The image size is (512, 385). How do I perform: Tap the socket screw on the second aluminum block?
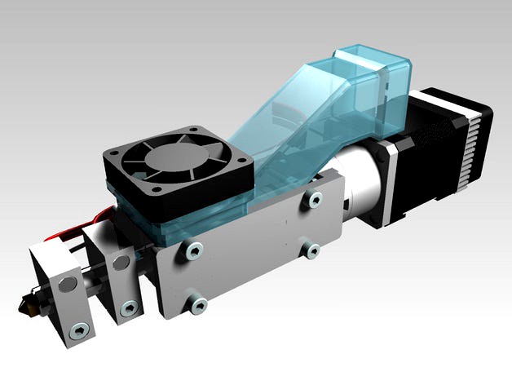pos(128,308)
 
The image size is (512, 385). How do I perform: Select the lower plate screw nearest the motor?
pos(311,250)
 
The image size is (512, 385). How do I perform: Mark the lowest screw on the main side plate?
pos(196,305)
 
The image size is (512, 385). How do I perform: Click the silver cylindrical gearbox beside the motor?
pos(359,184)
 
